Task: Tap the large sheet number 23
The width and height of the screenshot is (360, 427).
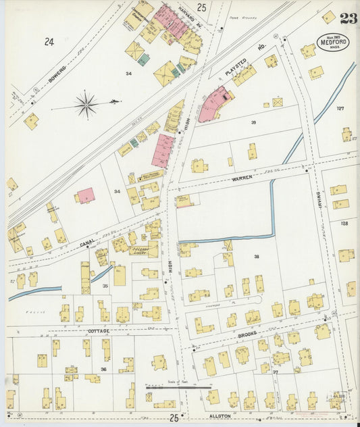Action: [x=349, y=18]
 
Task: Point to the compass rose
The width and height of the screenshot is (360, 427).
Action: [x=86, y=104]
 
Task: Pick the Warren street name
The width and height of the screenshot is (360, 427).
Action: [x=241, y=177]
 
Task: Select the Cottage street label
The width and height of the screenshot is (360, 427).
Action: [x=98, y=331]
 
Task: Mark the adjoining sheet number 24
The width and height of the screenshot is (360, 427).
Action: [x=49, y=42]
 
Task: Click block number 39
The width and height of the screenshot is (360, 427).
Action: [x=253, y=122]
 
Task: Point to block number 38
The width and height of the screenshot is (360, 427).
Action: [x=257, y=256]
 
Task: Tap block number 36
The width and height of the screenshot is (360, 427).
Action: [x=103, y=369]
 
